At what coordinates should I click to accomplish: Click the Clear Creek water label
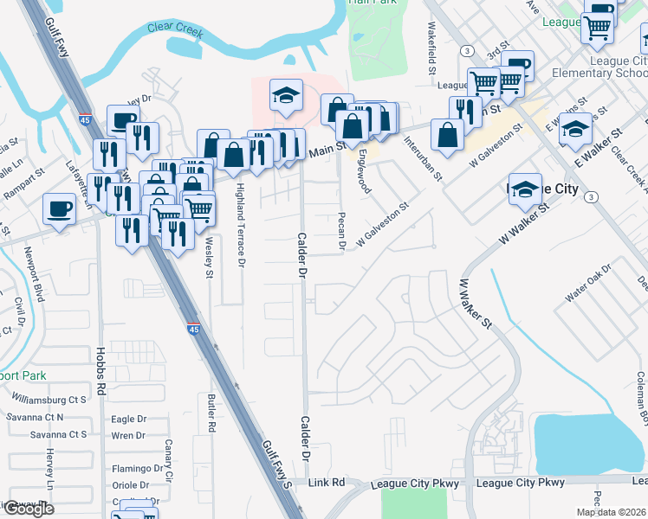click(x=175, y=29)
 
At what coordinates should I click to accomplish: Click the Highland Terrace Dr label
click(x=241, y=223)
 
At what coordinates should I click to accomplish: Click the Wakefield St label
click(x=431, y=49)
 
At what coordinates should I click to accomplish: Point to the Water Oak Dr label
click(x=588, y=285)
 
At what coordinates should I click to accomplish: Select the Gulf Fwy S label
click(x=276, y=464)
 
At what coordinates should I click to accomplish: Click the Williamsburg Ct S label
click(x=49, y=400)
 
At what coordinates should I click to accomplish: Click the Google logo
click(x=29, y=509)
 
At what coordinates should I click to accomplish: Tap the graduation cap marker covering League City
click(x=525, y=189)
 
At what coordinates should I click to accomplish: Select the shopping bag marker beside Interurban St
click(x=447, y=136)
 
